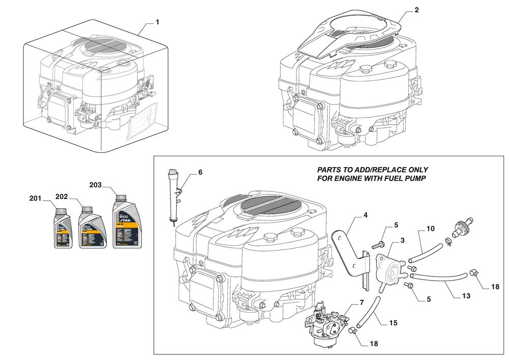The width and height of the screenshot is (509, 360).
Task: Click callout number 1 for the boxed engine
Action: tap(157, 22)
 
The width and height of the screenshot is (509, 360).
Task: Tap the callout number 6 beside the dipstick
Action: tap(200, 173)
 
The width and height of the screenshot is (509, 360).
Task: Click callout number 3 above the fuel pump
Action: tap(402, 240)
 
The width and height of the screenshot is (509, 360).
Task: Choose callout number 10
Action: tap(430, 229)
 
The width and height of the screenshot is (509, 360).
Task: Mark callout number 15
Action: tap(393, 323)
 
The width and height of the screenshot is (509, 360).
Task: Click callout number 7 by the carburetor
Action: tap(361, 302)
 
